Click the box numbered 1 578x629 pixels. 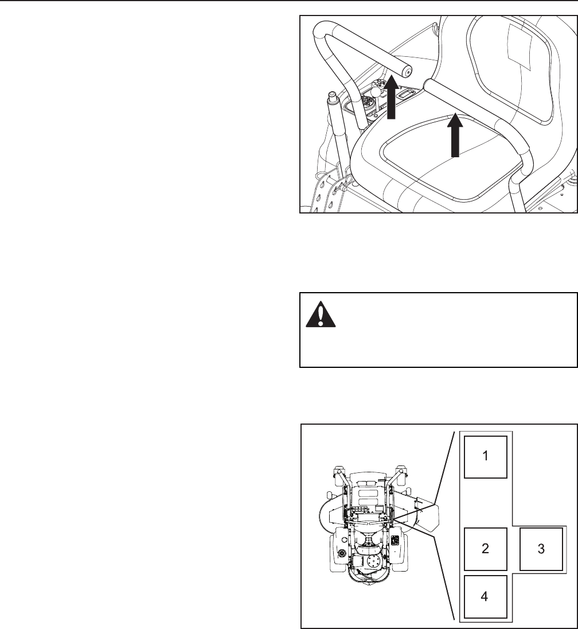pos(485,457)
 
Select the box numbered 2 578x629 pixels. pos(485,548)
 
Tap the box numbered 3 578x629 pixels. pos(540,548)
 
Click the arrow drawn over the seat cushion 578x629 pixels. pos(455,135)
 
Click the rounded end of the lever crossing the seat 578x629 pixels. pos(429,86)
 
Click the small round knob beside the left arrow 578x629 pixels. pos(376,91)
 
